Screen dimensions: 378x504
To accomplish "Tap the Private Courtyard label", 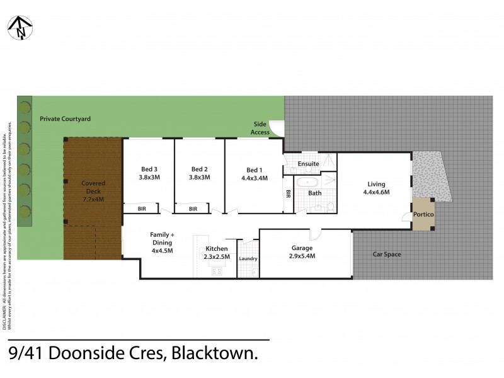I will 66,118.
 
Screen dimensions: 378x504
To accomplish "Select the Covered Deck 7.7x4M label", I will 92,191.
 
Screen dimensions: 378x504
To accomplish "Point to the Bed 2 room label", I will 200,173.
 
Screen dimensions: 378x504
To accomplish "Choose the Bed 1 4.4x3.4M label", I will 253,174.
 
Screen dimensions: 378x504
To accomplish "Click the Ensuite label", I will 309,164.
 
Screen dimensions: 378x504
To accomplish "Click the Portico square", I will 422,214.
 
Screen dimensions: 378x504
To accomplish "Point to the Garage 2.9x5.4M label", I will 302,251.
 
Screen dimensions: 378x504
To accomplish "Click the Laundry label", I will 248,259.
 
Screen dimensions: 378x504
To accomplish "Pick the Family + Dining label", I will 162,242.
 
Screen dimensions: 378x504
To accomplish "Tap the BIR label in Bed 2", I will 193,209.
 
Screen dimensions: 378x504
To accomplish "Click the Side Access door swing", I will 277,127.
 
